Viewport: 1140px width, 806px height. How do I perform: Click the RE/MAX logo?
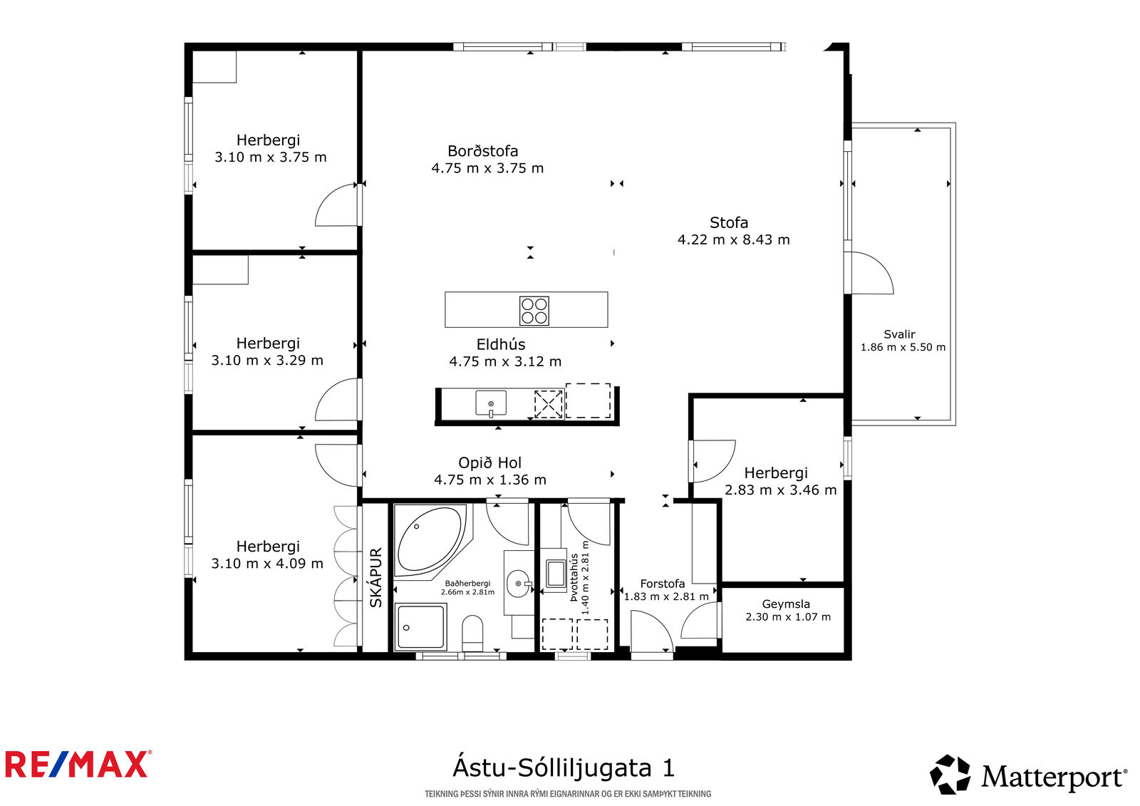pyautogui.click(x=78, y=764)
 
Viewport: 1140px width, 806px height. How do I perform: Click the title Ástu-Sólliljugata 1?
pyautogui.click(x=564, y=768)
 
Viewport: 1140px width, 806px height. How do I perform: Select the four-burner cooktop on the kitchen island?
pyautogui.click(x=534, y=311)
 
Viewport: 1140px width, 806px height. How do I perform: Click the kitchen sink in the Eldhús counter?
pyautogui.click(x=491, y=403)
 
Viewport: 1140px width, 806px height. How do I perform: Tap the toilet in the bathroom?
pyautogui.click(x=472, y=633)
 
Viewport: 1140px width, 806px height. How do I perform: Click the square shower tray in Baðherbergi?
pyautogui.click(x=421, y=627)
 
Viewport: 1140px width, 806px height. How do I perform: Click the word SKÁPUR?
pyautogui.click(x=375, y=578)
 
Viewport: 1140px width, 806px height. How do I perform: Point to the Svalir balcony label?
pyautogui.click(x=899, y=334)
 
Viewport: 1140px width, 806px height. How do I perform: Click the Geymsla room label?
pyautogui.click(x=786, y=604)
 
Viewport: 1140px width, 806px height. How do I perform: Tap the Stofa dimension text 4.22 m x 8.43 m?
pyautogui.click(x=733, y=239)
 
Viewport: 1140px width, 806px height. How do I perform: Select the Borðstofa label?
pyautogui.click(x=482, y=150)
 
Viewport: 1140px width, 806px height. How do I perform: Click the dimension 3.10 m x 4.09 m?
pyautogui.click(x=267, y=563)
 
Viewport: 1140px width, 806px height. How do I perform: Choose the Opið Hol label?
pyautogui.click(x=489, y=463)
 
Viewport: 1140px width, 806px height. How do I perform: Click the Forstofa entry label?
pyautogui.click(x=662, y=584)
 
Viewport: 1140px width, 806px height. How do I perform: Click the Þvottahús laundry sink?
pyautogui.click(x=555, y=574)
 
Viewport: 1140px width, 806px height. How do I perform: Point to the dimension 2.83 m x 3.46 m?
pyautogui.click(x=781, y=490)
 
